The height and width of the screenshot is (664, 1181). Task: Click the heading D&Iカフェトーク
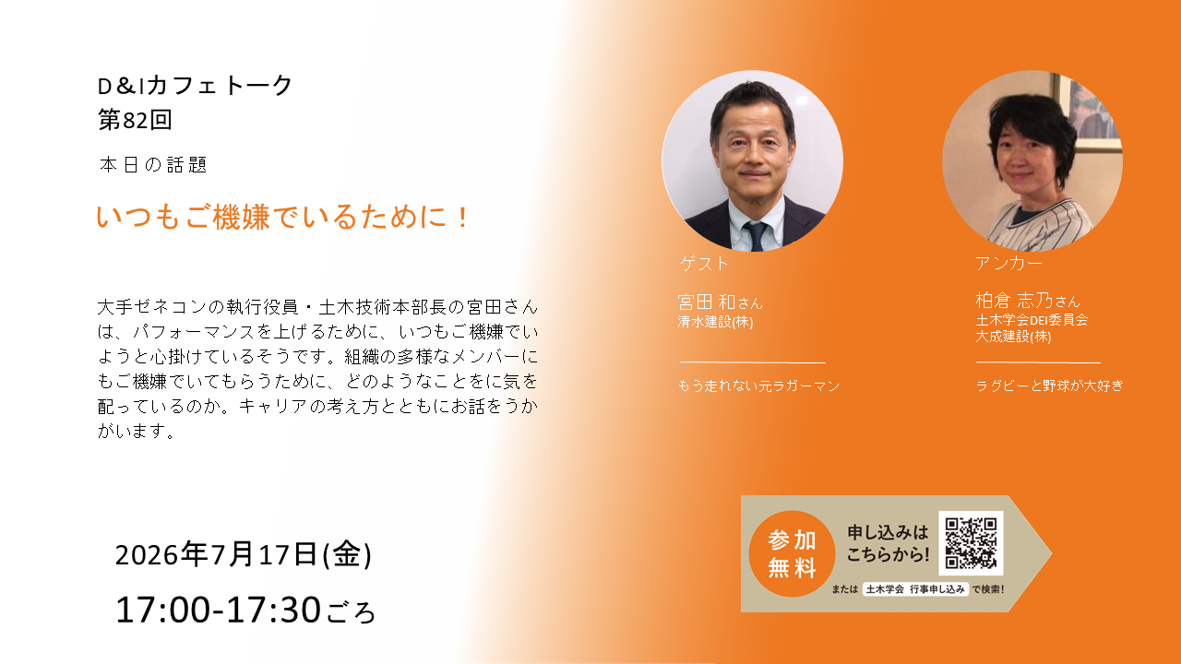(x=195, y=86)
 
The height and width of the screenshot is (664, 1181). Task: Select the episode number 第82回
(x=135, y=120)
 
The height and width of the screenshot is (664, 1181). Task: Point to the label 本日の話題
(x=153, y=165)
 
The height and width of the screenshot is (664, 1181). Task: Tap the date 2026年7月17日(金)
(x=243, y=554)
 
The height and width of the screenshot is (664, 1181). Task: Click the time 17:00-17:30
(x=218, y=610)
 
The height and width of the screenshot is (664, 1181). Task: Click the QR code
(x=971, y=543)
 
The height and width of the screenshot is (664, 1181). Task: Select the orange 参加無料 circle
(x=792, y=553)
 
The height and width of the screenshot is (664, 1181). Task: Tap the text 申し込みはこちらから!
(x=888, y=543)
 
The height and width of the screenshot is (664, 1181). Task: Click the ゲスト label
(x=704, y=264)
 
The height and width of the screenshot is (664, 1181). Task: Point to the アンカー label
(x=1008, y=263)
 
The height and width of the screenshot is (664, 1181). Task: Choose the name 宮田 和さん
(x=720, y=302)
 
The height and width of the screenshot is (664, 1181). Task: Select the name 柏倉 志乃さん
(x=1028, y=301)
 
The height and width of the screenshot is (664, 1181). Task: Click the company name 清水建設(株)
(x=715, y=322)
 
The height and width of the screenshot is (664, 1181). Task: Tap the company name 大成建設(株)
(x=1013, y=337)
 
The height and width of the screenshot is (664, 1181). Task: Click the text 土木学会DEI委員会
(x=1032, y=319)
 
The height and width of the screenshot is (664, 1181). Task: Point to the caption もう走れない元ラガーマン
(x=758, y=385)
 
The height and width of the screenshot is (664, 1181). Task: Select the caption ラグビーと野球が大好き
(x=1049, y=385)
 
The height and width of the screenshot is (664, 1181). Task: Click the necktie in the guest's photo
(x=756, y=236)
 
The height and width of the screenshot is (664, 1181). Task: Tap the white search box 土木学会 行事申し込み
(x=916, y=589)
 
